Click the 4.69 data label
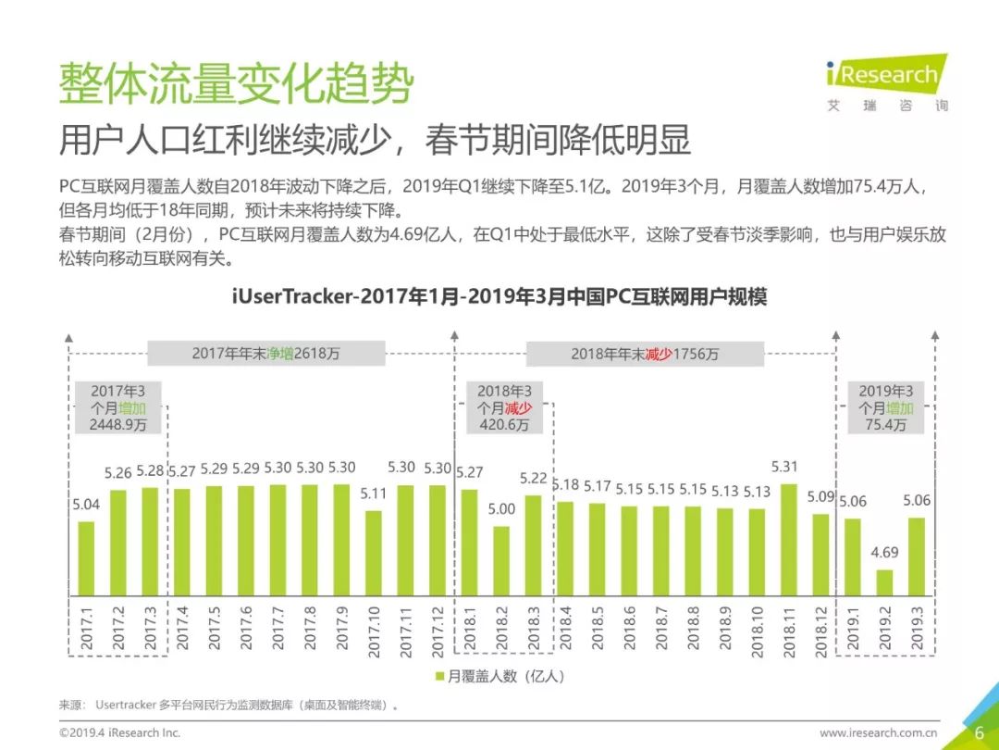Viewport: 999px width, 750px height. click(x=884, y=553)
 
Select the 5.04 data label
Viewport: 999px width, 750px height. click(x=86, y=506)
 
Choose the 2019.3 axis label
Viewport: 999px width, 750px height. click(x=917, y=631)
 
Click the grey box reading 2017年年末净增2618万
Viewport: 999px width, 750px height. click(x=266, y=354)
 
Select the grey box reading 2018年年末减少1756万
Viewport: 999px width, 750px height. click(x=645, y=354)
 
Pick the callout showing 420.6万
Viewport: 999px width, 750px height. click(x=504, y=407)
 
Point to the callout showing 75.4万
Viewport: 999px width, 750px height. click(x=885, y=407)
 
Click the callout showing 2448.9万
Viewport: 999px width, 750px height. click(x=118, y=407)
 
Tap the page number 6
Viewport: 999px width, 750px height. click(x=980, y=732)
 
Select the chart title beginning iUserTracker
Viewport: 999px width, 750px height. click(x=499, y=297)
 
